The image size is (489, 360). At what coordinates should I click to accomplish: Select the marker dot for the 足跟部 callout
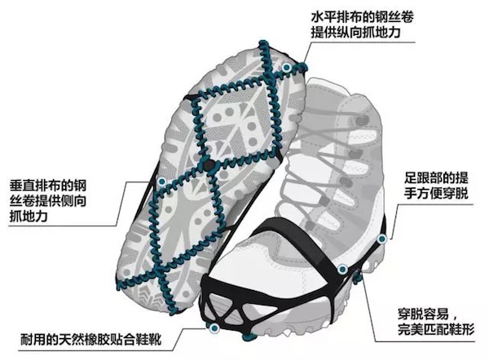382,238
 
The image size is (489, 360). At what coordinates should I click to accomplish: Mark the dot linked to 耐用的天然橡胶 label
214,329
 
